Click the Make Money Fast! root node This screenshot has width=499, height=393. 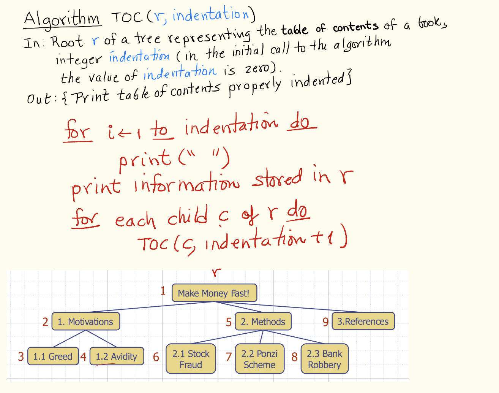coord(214,293)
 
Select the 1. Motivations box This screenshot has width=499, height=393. coord(85,322)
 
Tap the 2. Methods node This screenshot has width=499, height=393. coord(263,322)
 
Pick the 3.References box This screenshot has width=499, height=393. coord(363,322)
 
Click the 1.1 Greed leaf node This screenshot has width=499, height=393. coord(53,357)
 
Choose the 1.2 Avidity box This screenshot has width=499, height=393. coord(116,357)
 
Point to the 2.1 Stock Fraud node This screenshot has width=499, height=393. coord(191,359)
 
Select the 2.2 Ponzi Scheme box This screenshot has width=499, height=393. coord(259,359)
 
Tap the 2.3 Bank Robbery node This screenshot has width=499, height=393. coord(324,359)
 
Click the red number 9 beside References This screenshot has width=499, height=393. coord(325,322)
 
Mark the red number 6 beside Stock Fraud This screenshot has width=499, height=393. coord(156,357)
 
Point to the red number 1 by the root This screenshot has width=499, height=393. coord(163,291)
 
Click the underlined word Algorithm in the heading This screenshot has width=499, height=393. coord(62,19)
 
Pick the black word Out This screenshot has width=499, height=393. coord(39,99)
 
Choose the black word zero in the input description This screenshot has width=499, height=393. coord(257,69)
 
